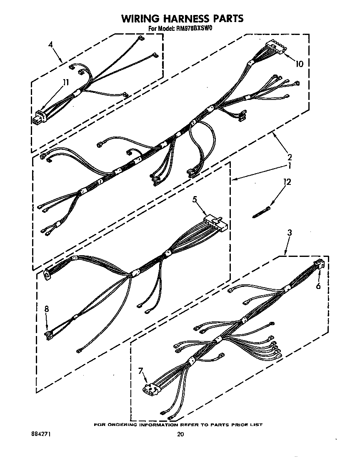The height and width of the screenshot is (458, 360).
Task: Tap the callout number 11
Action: (x=65, y=83)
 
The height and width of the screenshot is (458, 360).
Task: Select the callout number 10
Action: (x=299, y=64)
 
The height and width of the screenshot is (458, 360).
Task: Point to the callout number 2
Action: (x=290, y=157)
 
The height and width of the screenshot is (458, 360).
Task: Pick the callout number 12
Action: (x=287, y=182)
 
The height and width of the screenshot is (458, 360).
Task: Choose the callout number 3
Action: (x=289, y=233)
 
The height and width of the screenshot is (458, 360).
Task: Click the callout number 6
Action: (x=318, y=286)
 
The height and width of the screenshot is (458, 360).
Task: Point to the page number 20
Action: (x=180, y=434)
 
